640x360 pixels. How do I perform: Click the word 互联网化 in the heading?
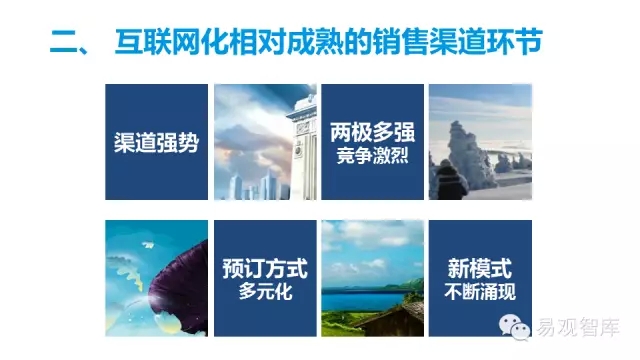click(x=171, y=42)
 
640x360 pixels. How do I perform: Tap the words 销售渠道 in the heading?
click(x=429, y=42)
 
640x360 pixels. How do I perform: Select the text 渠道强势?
click(x=156, y=142)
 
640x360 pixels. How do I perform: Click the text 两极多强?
click(x=372, y=132)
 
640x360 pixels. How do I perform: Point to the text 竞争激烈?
click(x=372, y=156)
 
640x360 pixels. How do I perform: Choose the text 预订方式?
click(x=265, y=268)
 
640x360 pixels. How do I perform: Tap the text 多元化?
click(x=265, y=291)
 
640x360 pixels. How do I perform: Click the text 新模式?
click(x=480, y=268)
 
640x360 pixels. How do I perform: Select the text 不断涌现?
click(x=480, y=292)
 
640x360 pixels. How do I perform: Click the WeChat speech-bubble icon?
click(x=514, y=327)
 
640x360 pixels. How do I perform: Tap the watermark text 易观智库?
click(x=577, y=327)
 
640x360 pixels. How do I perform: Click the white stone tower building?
click(x=302, y=147)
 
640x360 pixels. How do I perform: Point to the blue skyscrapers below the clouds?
click(x=258, y=186)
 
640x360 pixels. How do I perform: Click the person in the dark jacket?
click(x=449, y=180)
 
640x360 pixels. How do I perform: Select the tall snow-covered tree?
click(x=469, y=155)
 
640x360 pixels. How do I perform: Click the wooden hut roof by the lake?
click(x=392, y=315)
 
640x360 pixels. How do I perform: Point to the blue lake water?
click(x=363, y=301)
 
